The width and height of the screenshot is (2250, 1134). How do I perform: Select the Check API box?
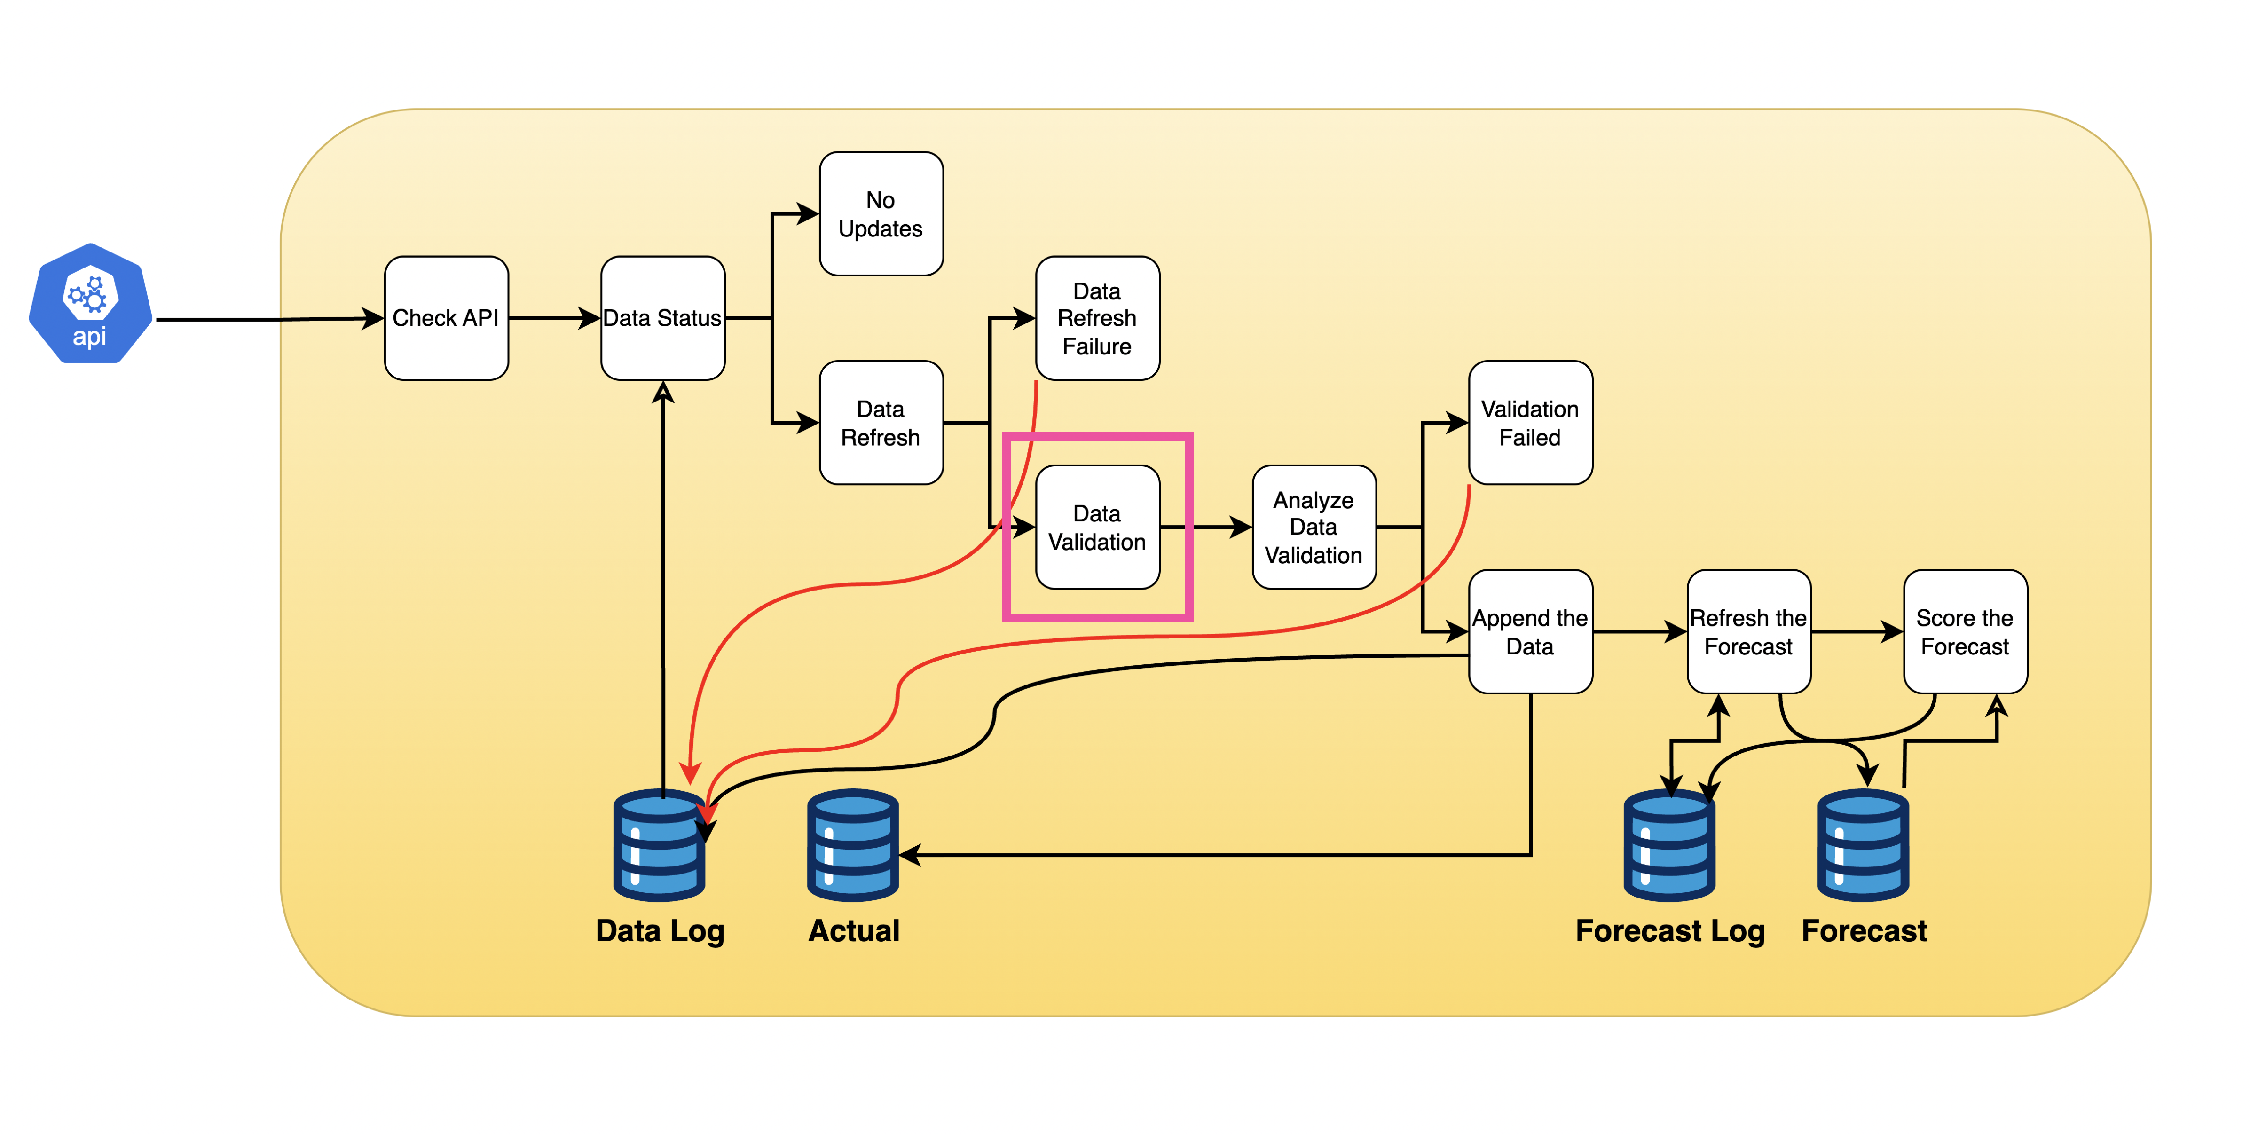pos(446,318)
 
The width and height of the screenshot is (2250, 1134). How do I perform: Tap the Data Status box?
pos(662,318)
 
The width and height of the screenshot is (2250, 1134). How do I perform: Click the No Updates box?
pos(881,214)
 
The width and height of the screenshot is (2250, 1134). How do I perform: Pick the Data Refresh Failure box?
pos(1097,318)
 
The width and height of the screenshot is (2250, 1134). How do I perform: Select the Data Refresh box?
pos(881,423)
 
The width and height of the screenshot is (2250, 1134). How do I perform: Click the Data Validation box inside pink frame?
pos(1097,527)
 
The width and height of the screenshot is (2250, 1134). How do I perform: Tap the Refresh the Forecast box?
pos(1748,632)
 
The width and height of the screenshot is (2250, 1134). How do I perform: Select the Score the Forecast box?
pos(1964,632)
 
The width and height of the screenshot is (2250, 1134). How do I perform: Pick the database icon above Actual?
pos(852,846)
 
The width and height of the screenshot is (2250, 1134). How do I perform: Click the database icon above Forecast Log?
pos(1669,846)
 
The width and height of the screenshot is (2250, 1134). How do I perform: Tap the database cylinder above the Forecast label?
pos(1863,846)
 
